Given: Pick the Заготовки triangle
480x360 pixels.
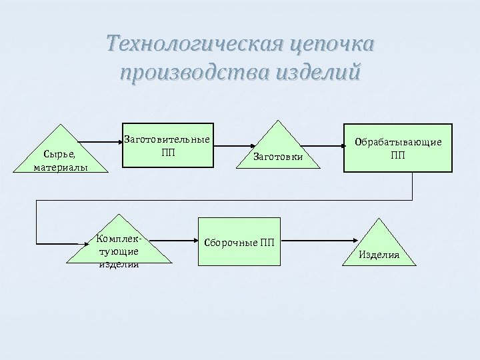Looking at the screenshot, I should tap(277, 150).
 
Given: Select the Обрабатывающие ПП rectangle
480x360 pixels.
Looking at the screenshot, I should tap(398, 147).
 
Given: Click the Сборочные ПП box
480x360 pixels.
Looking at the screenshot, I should tap(239, 241).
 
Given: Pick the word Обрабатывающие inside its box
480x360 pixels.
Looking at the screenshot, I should tap(398, 142).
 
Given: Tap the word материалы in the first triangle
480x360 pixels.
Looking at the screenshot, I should tap(61, 167).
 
